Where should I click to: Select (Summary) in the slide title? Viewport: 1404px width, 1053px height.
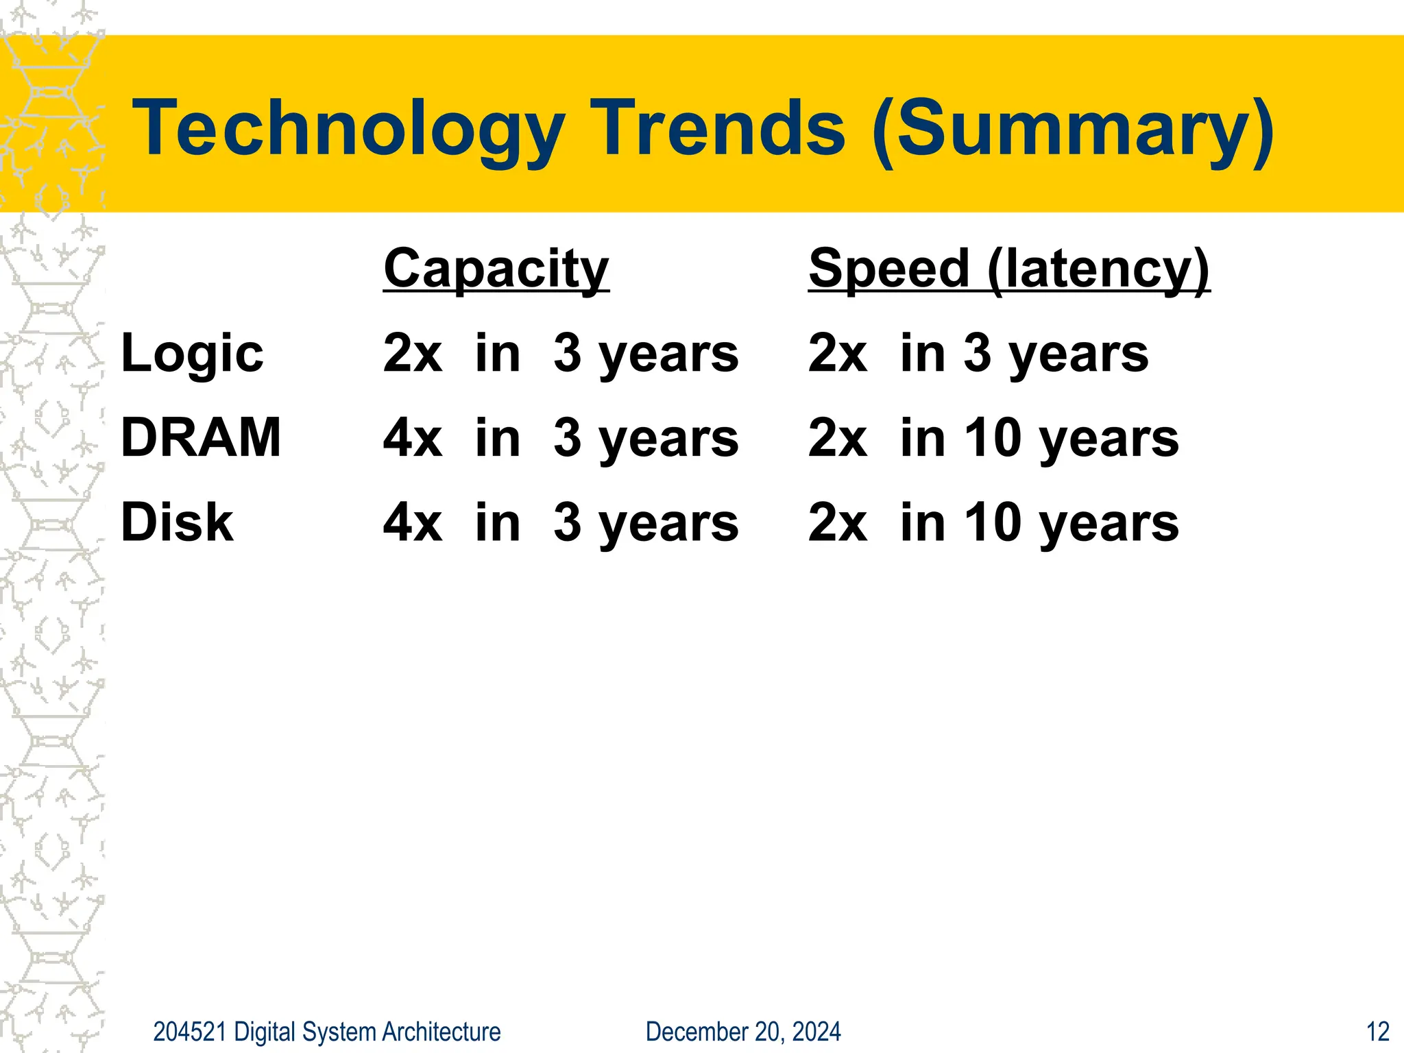1074,129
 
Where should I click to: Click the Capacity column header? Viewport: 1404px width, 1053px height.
496,269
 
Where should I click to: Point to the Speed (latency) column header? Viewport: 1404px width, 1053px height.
1009,269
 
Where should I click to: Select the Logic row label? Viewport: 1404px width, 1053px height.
192,354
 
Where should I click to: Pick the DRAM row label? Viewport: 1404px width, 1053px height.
201,437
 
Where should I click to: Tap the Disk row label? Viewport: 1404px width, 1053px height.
177,522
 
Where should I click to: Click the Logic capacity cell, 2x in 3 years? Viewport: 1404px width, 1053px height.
561,354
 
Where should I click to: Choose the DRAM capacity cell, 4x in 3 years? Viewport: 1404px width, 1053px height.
561,437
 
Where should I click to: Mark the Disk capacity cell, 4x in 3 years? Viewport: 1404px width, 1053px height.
561,522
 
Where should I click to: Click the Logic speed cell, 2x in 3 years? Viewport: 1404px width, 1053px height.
978,354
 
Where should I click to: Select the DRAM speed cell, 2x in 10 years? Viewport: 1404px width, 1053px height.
993,437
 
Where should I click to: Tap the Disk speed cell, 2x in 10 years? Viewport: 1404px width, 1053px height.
993,522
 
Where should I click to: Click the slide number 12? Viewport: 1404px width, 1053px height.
1377,1032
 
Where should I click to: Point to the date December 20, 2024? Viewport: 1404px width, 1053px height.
743,1032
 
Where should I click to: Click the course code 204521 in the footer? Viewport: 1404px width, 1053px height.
189,1032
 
